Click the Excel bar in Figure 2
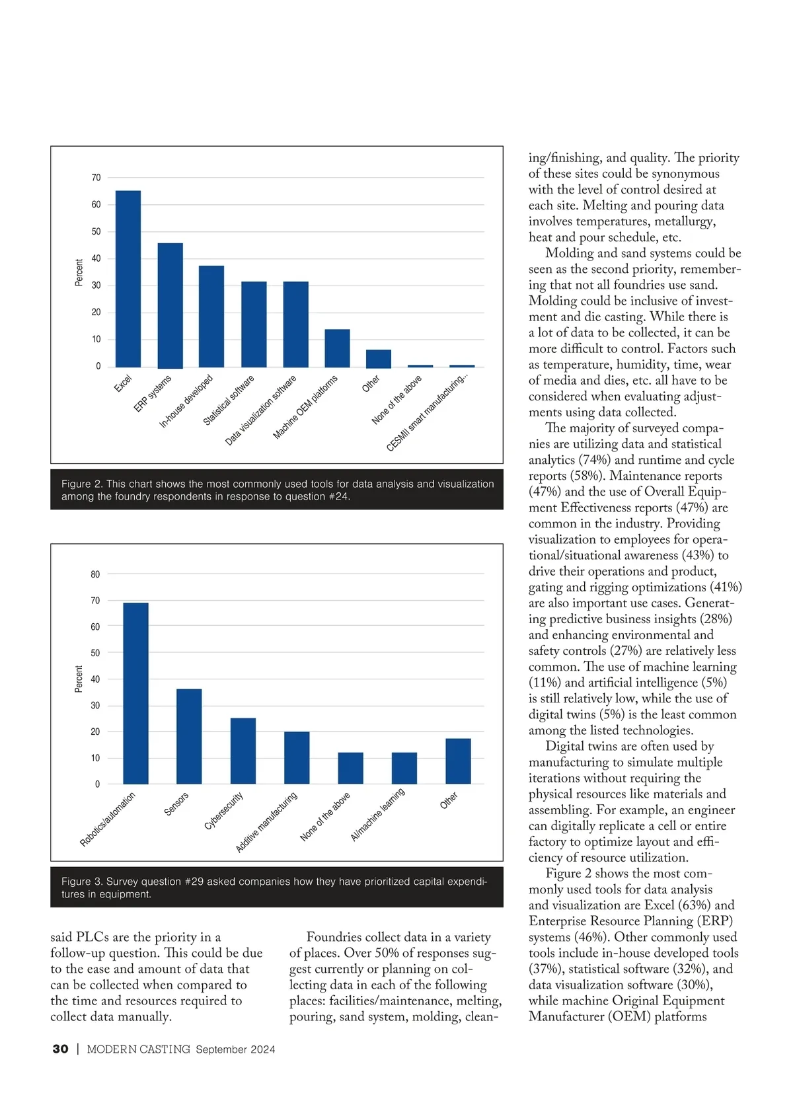coord(128,278)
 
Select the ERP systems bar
coord(170,305)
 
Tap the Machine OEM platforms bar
coord(337,348)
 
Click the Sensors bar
coord(189,736)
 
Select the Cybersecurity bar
coord(243,751)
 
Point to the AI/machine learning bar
coord(404,768)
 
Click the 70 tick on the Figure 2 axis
coord(96,178)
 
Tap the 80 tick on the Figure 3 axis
coord(96,574)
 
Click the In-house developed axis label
coord(187,401)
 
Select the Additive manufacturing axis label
coord(267,822)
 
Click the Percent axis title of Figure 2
coord(79,272)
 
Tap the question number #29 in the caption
coord(194,882)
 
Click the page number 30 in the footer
coord(60,1049)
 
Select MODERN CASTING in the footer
coord(138,1049)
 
